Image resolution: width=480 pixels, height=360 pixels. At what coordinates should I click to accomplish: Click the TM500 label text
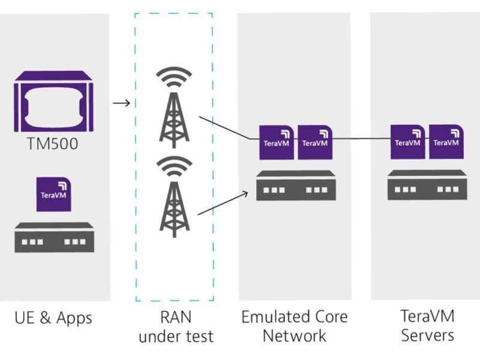click(x=53, y=145)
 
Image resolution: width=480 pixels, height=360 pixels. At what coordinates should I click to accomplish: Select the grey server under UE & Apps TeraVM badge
click(x=54, y=237)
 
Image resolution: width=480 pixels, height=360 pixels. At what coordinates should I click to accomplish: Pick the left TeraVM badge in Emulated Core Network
click(x=277, y=142)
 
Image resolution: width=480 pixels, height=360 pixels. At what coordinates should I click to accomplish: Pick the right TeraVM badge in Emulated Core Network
click(x=316, y=142)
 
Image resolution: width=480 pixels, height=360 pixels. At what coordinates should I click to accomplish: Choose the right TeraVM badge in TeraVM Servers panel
click(x=446, y=142)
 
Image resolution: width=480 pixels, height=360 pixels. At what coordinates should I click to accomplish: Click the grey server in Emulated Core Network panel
click(x=295, y=185)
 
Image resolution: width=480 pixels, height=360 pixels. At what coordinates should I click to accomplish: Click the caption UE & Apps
click(x=54, y=317)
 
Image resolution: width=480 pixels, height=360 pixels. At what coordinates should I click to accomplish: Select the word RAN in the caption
click(x=176, y=317)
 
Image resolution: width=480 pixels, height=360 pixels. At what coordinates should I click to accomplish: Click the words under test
click(x=176, y=337)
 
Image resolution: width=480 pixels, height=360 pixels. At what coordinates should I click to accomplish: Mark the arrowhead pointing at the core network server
click(x=246, y=193)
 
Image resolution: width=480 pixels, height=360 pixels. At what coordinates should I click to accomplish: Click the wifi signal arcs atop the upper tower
click(x=173, y=78)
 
